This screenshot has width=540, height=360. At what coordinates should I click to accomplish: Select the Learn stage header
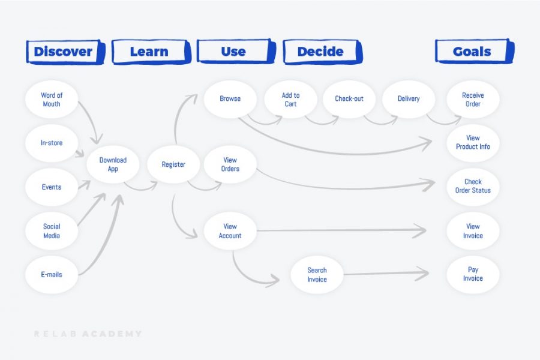pyautogui.click(x=149, y=52)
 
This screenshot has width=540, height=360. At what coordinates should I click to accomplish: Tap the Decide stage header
pyautogui.click(x=320, y=52)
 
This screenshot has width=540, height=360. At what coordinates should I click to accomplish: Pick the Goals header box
pyautogui.click(x=472, y=52)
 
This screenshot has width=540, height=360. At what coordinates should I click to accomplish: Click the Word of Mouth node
pyautogui.click(x=52, y=100)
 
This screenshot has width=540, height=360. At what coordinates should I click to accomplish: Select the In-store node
pyautogui.click(x=52, y=143)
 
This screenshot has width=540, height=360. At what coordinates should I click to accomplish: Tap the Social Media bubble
pyautogui.click(x=52, y=231)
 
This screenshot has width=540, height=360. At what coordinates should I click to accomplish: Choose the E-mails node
pyautogui.click(x=52, y=274)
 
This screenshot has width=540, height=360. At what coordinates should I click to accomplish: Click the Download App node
pyautogui.click(x=113, y=164)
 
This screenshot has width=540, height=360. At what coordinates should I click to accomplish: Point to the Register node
pyautogui.click(x=173, y=164)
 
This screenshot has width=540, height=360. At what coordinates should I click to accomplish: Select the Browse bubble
pyautogui.click(x=230, y=99)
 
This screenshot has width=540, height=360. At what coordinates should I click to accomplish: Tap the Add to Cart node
pyautogui.click(x=290, y=100)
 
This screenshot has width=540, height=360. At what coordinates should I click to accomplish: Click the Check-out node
pyautogui.click(x=349, y=99)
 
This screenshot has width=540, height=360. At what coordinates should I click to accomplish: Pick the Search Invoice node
pyautogui.click(x=317, y=275)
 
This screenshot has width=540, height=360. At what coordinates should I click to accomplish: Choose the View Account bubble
pyautogui.click(x=230, y=231)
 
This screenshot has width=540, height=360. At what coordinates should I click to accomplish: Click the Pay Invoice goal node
pyautogui.click(x=473, y=274)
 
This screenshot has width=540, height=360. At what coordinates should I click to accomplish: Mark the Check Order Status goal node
pyautogui.click(x=473, y=186)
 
